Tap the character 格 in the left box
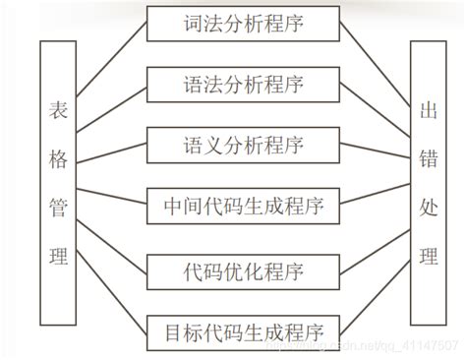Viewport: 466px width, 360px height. tap(58, 156)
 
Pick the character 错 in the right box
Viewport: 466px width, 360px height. tap(429, 156)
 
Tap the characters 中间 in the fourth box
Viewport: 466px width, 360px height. tap(181, 208)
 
